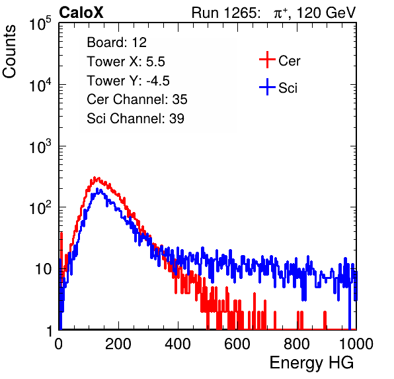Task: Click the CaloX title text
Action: click(81, 13)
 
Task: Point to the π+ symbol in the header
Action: click(280, 13)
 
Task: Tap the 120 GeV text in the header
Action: click(326, 13)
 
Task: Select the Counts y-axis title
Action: click(9, 52)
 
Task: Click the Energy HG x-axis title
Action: click(311, 363)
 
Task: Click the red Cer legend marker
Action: click(267, 60)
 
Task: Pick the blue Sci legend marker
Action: click(267, 87)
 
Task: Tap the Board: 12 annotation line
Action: click(116, 42)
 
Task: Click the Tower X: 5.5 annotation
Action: click(126, 62)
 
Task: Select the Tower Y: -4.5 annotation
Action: click(128, 81)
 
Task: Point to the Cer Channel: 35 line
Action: click(137, 99)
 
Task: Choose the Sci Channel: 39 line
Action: click(136, 119)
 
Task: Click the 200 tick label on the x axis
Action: click(118, 344)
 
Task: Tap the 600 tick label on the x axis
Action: click(237, 344)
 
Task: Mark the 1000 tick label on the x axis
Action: click(356, 344)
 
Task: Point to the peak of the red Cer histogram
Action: click(95, 178)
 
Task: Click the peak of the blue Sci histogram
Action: click(97, 189)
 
